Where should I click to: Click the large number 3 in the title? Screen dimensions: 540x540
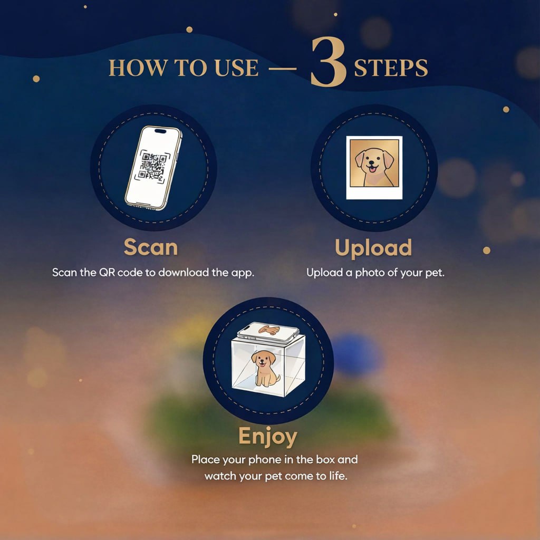328,62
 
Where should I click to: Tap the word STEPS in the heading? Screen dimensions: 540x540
391,68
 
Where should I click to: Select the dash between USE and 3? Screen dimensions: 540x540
283,69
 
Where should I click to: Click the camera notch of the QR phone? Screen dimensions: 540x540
160,131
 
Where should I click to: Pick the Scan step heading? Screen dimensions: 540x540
151,247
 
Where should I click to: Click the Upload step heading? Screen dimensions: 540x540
373,248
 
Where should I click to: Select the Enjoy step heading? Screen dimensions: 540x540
267,437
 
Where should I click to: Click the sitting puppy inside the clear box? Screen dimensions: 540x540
265,368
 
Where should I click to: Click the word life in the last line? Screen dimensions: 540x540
338,476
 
